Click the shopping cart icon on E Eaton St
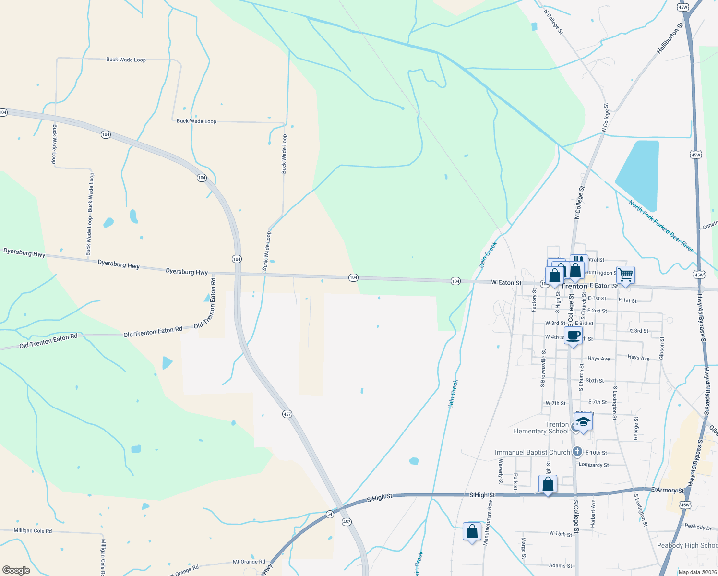[x=625, y=276]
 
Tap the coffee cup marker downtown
[x=574, y=336]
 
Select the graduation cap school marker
[x=583, y=422]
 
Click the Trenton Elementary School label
[x=541, y=428]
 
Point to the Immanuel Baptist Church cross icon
[x=577, y=452]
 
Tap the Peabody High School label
[x=687, y=545]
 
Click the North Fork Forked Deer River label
[x=661, y=226]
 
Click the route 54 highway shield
[x=330, y=514]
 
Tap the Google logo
[x=16, y=570]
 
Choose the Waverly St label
[x=501, y=471]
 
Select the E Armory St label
[x=668, y=490]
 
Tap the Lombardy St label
[x=594, y=465]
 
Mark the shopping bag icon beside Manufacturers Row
[x=472, y=532]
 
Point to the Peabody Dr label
[x=698, y=527]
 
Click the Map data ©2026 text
[x=697, y=572]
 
